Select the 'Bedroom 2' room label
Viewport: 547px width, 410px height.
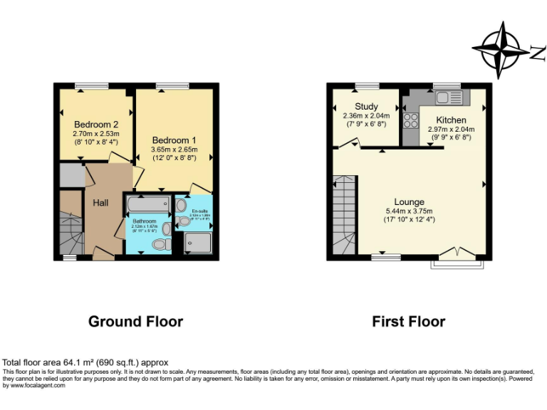pyautogui.click(x=96, y=124)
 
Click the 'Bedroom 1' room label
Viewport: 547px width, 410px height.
pyautogui.click(x=174, y=140)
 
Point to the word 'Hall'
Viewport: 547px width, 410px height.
pyautogui.click(x=100, y=204)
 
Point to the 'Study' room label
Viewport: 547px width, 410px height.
pyautogui.click(x=366, y=107)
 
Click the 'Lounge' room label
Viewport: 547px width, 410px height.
pyautogui.click(x=409, y=202)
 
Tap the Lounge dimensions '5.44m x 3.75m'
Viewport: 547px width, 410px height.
pyautogui.click(x=409, y=211)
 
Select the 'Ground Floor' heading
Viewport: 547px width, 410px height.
pyautogui.click(x=135, y=322)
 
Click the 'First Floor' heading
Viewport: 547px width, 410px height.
pyautogui.click(x=409, y=322)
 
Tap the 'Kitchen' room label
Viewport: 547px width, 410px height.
pyautogui.click(x=451, y=120)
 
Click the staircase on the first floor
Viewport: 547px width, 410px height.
pyautogui.click(x=345, y=216)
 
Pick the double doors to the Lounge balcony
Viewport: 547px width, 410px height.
pyautogui.click(x=457, y=254)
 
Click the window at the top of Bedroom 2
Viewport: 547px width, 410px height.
pyautogui.click(x=92, y=86)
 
